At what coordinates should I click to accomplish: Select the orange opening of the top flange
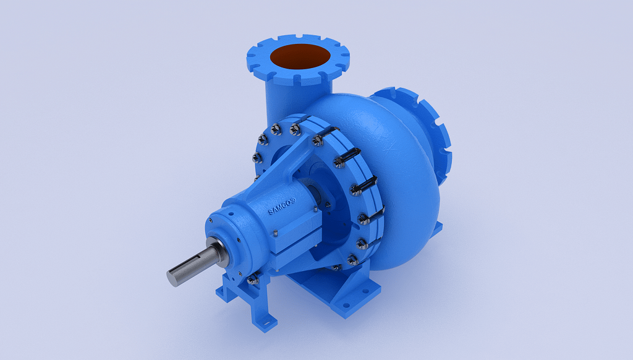click(x=299, y=56)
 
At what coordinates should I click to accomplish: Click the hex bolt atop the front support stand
click(x=252, y=280)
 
